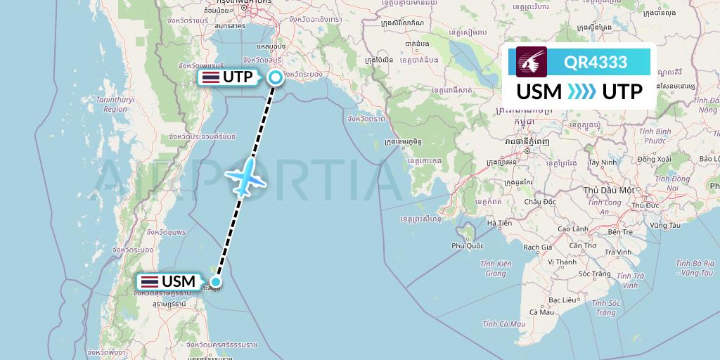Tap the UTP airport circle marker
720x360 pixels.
276,78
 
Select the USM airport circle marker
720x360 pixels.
217,283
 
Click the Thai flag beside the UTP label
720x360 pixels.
210,77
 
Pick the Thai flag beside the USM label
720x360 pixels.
149,282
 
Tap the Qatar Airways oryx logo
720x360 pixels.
532,62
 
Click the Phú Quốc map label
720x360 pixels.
468,245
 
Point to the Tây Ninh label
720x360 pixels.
603,162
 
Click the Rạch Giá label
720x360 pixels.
536,247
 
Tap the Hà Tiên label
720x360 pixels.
500,223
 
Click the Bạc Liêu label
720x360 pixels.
562,300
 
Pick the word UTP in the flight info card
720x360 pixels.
623,91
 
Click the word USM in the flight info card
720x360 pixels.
539,91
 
